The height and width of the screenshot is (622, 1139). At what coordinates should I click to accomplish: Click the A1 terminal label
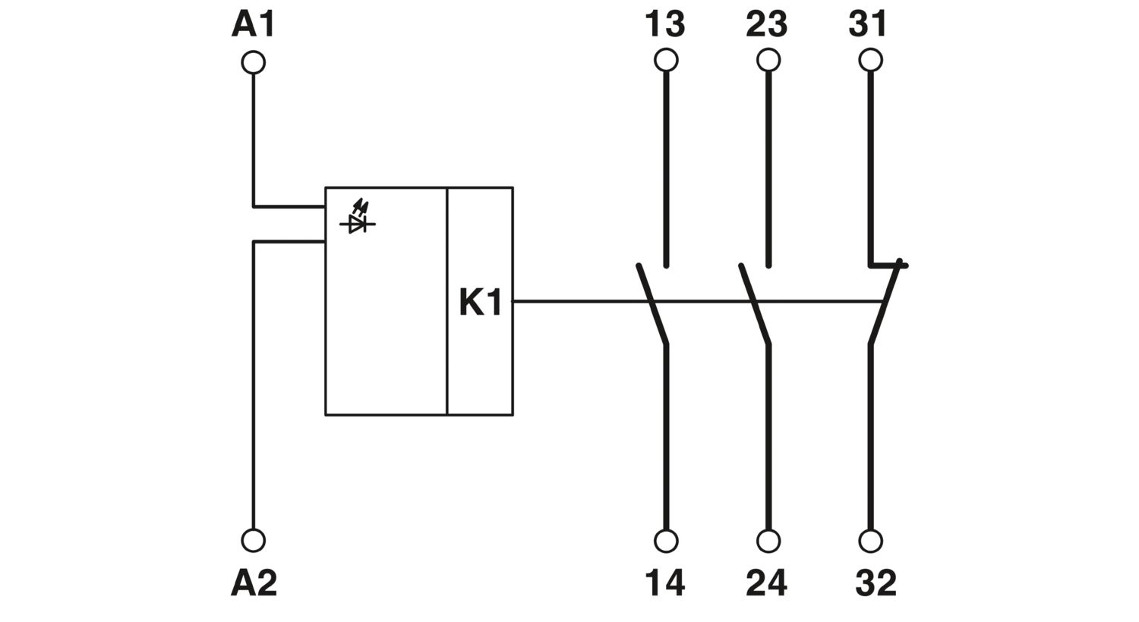coord(253,24)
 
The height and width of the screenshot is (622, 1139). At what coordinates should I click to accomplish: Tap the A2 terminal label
coord(254,583)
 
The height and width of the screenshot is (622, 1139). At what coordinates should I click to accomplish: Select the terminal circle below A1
coord(253,62)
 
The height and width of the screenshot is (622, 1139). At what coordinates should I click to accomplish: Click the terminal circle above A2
coord(253,540)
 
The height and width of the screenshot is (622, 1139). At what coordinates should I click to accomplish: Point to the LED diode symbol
coord(358,217)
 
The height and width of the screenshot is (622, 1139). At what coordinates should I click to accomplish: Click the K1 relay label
coord(481,303)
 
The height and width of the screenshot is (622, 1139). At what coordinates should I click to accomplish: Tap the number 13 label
coord(665,24)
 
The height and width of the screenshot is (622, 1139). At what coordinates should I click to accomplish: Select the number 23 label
coord(767,24)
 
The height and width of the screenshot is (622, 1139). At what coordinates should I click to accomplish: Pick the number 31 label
coord(868,24)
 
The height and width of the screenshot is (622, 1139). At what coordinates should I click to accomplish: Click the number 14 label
coord(665,583)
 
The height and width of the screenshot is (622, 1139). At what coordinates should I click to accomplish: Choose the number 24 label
coord(767,583)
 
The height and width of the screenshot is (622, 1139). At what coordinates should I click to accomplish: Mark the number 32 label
coord(876,583)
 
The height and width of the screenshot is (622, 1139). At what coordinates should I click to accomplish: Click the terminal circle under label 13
coord(666,60)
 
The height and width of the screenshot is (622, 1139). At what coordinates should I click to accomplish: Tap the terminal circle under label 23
coord(768,60)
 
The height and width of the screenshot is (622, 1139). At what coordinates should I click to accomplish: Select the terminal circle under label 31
coord(870,60)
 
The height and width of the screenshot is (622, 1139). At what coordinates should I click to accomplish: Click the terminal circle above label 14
coord(666,541)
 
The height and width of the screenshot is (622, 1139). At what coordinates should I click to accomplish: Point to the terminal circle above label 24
coord(768,541)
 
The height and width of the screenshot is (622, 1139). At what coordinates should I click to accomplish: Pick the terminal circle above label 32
coord(870,541)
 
